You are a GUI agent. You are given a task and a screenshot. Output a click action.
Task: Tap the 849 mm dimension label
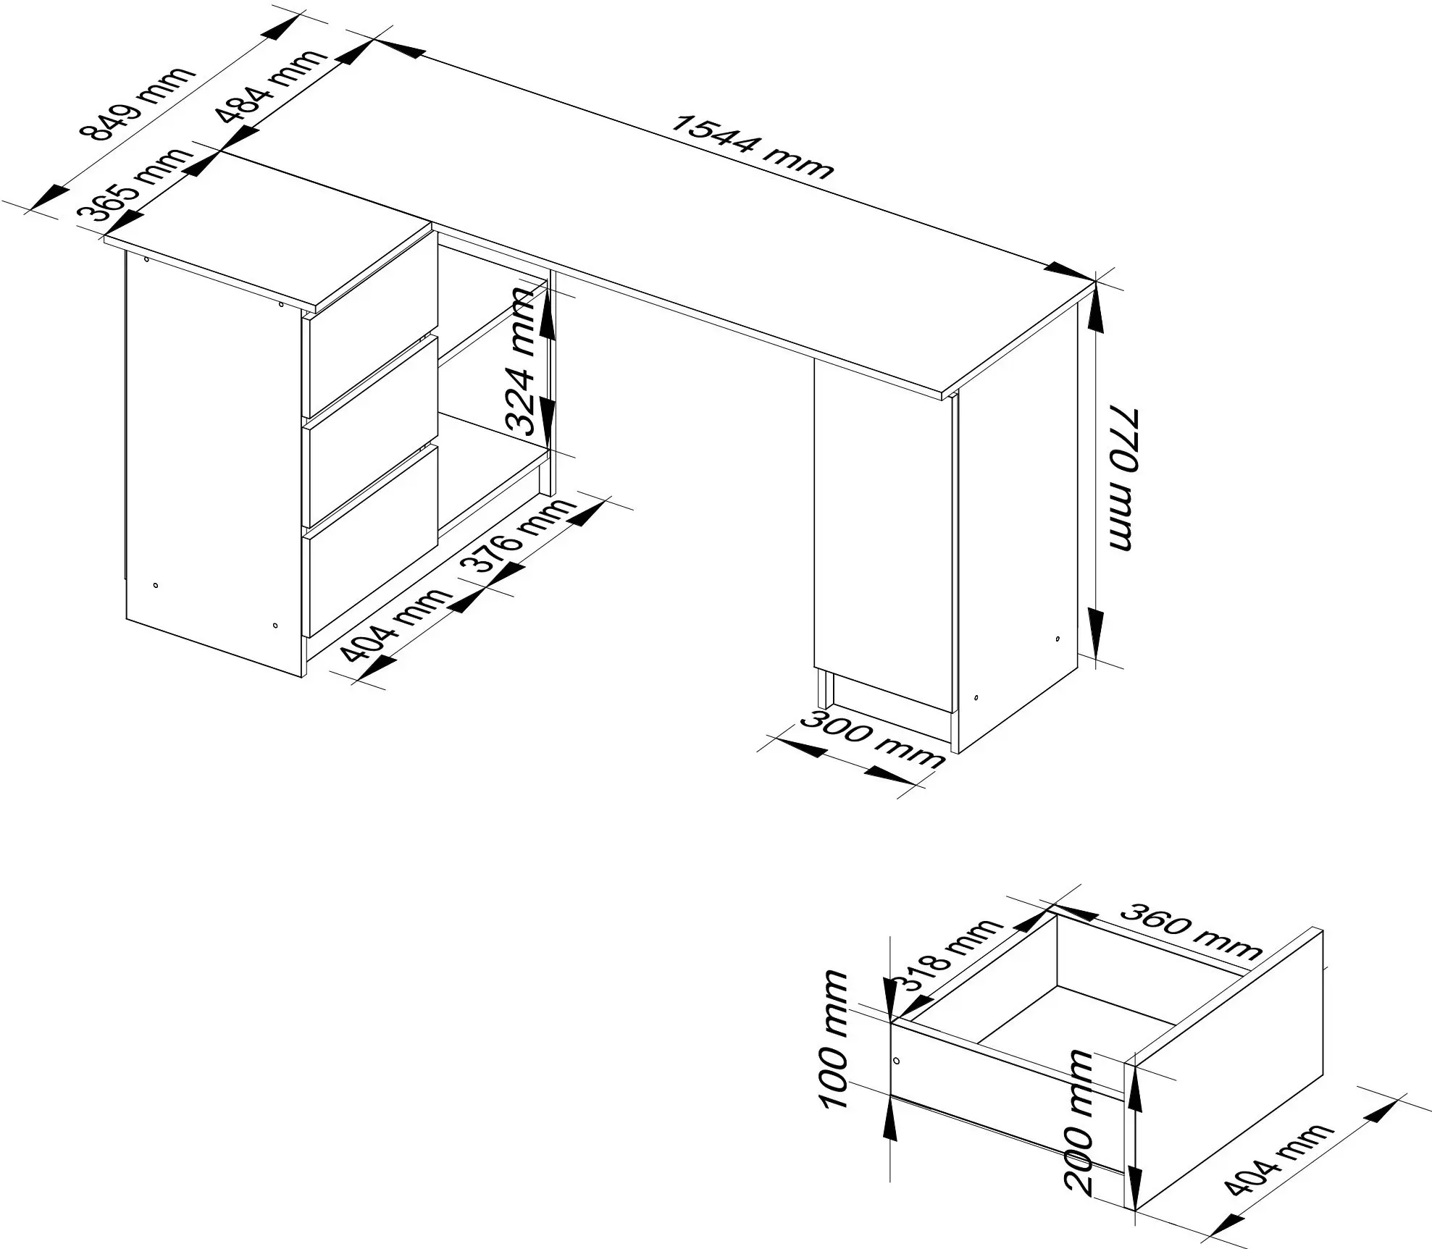click(x=137, y=104)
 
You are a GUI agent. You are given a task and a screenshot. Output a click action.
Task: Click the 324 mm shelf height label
click(x=523, y=361)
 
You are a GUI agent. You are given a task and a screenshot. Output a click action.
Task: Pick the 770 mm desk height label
click(x=1122, y=479)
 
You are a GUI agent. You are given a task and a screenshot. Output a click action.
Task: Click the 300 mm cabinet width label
click(x=874, y=739)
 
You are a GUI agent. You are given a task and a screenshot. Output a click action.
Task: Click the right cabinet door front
click(x=882, y=535)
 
